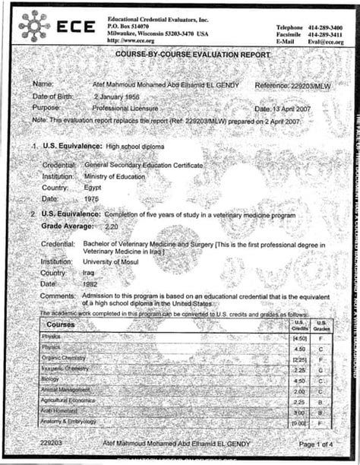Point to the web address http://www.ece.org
coord(133,43)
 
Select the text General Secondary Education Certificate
coord(144,164)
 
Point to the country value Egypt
coord(92,186)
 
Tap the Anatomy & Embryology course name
coord(71,422)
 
